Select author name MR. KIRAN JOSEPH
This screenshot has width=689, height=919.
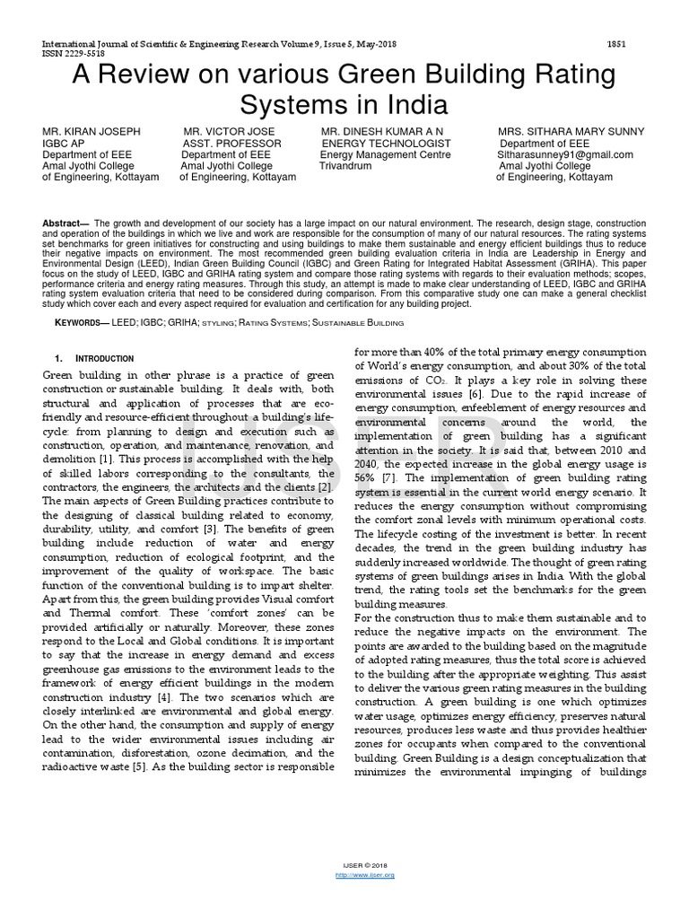point(90,132)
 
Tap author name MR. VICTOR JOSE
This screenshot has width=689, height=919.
point(229,132)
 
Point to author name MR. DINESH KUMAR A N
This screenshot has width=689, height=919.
point(381,132)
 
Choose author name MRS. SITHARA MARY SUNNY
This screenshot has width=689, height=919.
point(571,132)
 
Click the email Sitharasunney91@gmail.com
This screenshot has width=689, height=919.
point(564,154)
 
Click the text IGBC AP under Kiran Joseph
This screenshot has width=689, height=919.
point(64,144)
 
